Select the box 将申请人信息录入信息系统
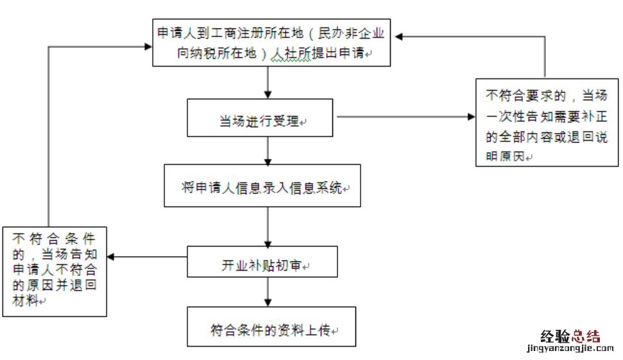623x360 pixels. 262,185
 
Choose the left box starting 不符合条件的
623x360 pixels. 54,270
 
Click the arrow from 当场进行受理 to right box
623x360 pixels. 404,117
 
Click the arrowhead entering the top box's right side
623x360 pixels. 399,37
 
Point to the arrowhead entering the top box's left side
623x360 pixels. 147,46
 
